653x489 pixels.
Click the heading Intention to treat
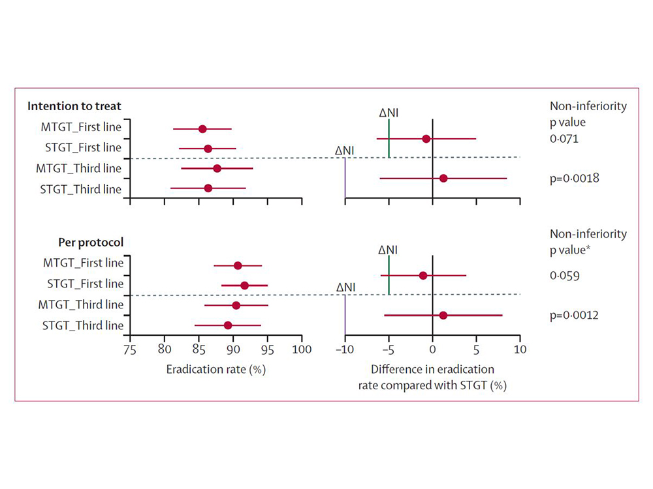(x=74, y=106)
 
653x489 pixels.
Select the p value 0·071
(x=565, y=139)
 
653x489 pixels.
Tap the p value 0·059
(x=565, y=276)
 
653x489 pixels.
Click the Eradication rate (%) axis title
(x=216, y=368)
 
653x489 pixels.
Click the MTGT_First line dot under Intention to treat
(x=202, y=129)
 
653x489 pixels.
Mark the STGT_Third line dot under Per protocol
(x=228, y=325)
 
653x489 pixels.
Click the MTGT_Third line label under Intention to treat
(x=78, y=169)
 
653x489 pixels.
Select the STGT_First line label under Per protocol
(x=85, y=284)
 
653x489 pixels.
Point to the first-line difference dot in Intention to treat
(x=426, y=139)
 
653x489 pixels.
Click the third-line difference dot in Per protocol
(x=443, y=315)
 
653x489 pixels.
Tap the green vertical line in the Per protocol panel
(x=389, y=275)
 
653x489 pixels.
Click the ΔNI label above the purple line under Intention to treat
(x=345, y=151)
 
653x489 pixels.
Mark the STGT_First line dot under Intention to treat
(x=208, y=149)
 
